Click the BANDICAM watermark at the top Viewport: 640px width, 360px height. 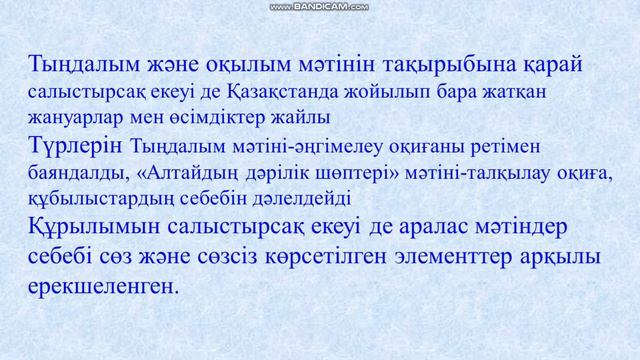click(x=320, y=6)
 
